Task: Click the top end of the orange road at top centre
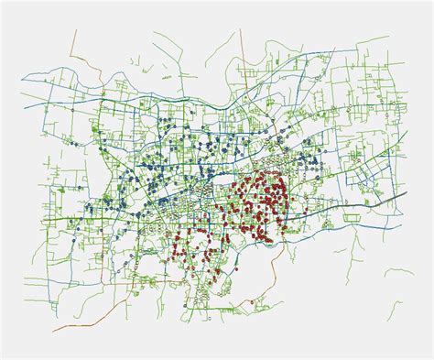tap(242, 29)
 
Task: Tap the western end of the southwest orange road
tap(53, 329)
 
